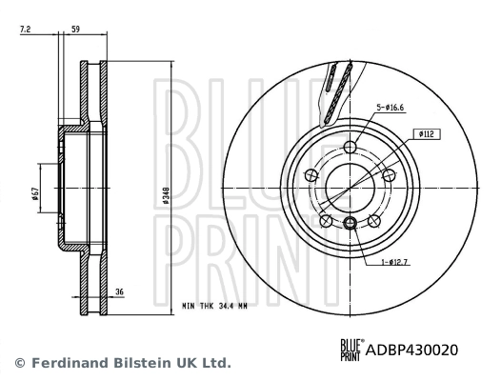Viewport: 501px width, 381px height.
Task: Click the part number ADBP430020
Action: coord(412,350)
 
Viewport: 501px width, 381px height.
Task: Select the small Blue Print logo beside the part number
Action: coord(351,350)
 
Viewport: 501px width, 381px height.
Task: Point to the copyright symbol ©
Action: coord(18,363)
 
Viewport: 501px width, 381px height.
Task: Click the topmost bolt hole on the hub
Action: coord(351,147)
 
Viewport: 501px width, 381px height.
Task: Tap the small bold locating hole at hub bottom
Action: coord(351,223)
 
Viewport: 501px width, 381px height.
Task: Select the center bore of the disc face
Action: coord(351,187)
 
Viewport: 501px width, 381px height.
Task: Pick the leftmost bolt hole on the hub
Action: coord(311,174)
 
